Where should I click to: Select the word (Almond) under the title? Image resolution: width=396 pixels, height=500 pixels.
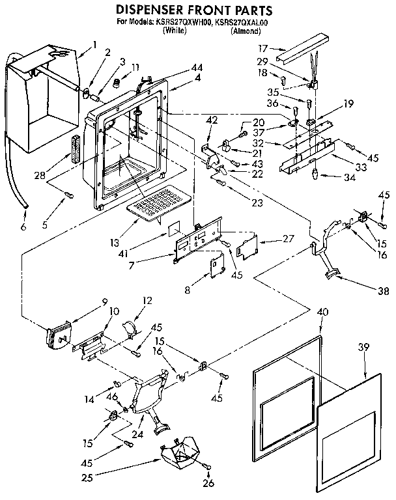tap(246, 30)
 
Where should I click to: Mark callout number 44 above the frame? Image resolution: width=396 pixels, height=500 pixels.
tap(178, 68)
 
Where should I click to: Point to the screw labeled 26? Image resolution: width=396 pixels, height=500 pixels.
tap(206, 466)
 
